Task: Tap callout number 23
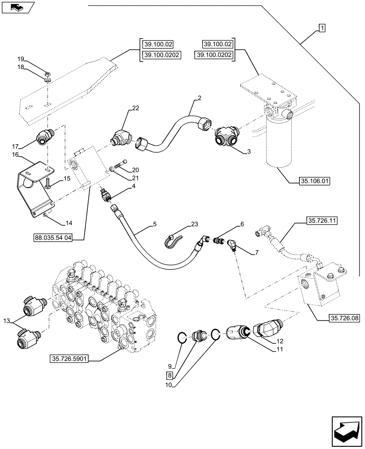coord(194,224)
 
